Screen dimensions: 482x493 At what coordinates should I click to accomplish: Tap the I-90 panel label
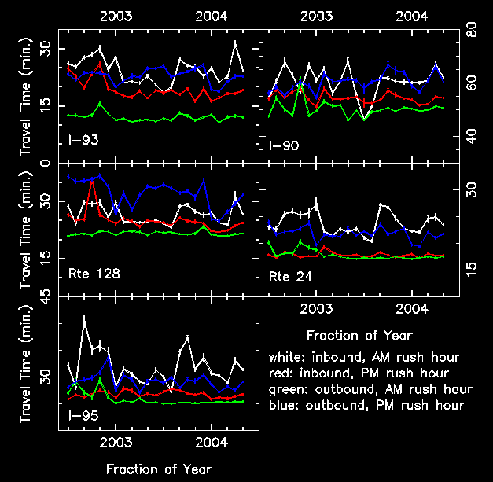click(x=281, y=145)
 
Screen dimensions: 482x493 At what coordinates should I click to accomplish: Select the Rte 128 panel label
click(x=89, y=274)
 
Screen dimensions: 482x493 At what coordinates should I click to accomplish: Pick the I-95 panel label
click(x=83, y=414)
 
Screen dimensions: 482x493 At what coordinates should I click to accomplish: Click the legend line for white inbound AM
click(x=364, y=358)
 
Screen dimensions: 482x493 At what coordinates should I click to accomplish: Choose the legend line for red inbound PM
click(x=358, y=373)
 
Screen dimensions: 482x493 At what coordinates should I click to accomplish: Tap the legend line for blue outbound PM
click(x=366, y=405)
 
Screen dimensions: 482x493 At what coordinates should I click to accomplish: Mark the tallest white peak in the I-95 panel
click(x=84, y=317)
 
